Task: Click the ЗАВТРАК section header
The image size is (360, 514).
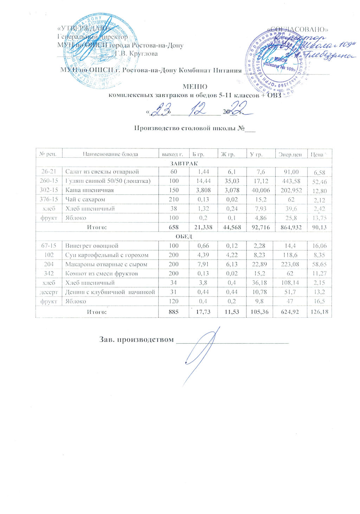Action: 184,163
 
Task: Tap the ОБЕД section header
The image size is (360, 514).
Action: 184,236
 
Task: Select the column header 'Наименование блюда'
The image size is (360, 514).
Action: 110,154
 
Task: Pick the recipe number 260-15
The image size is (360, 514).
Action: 49,181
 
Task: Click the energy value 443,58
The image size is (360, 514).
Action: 290,181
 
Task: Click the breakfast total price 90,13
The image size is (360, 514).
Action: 319,228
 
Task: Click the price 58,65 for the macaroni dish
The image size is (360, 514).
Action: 319,265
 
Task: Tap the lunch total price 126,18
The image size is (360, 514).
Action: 319,312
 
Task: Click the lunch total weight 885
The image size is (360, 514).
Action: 174,312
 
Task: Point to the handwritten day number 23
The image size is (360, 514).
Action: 161,109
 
